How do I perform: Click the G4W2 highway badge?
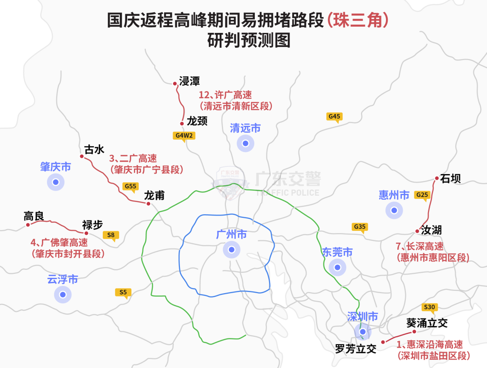tap(184, 135)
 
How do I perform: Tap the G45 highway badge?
tap(334, 116)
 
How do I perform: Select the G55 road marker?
tap(130, 186)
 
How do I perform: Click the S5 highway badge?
tap(123, 292)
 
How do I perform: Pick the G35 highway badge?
tap(359, 226)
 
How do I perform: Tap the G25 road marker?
tap(422, 195)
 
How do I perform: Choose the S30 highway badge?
tap(429, 307)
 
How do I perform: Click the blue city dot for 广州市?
tap(231, 249)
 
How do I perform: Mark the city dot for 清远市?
tap(245, 143)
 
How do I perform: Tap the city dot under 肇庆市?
tap(55, 182)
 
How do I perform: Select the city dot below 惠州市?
tap(394, 210)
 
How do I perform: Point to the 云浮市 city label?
tap(63, 279)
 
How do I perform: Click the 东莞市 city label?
tap(337, 252)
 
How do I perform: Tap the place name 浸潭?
tap(189, 81)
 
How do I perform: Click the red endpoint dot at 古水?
tap(82, 156)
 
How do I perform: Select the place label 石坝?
tap(450, 179)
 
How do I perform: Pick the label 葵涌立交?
tap(427, 323)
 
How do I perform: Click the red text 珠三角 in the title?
tap(358, 20)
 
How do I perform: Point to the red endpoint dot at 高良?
tap(28, 225)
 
